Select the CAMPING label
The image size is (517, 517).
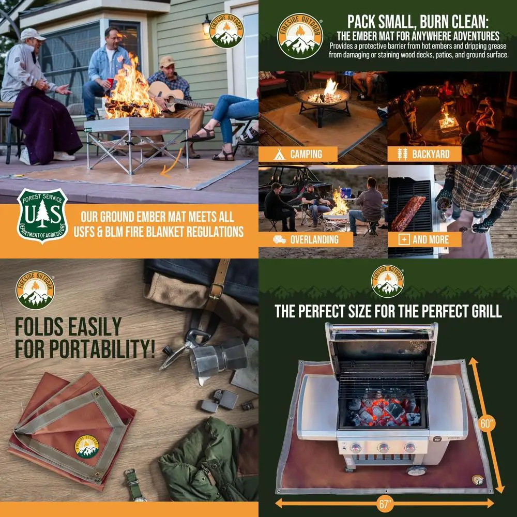click(x=306, y=154)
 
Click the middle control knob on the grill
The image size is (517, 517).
click(x=383, y=448)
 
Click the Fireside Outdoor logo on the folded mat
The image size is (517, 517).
click(x=86, y=448)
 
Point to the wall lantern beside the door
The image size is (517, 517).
click(x=206, y=24)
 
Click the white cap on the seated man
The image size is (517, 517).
click(x=32, y=34)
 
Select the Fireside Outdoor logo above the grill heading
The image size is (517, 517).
click(x=388, y=281)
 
